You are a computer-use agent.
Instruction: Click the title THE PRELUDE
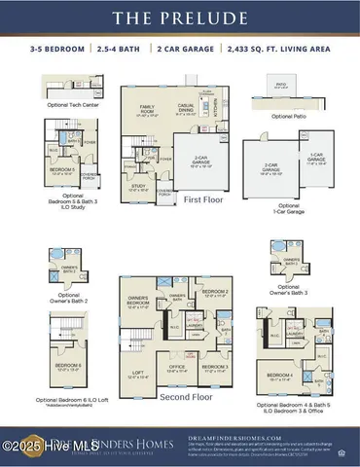[180, 18]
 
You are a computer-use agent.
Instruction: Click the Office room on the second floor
[176, 367]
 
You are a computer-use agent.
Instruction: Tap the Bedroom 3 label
[214, 367]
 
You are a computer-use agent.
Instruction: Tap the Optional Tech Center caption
[71, 105]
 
